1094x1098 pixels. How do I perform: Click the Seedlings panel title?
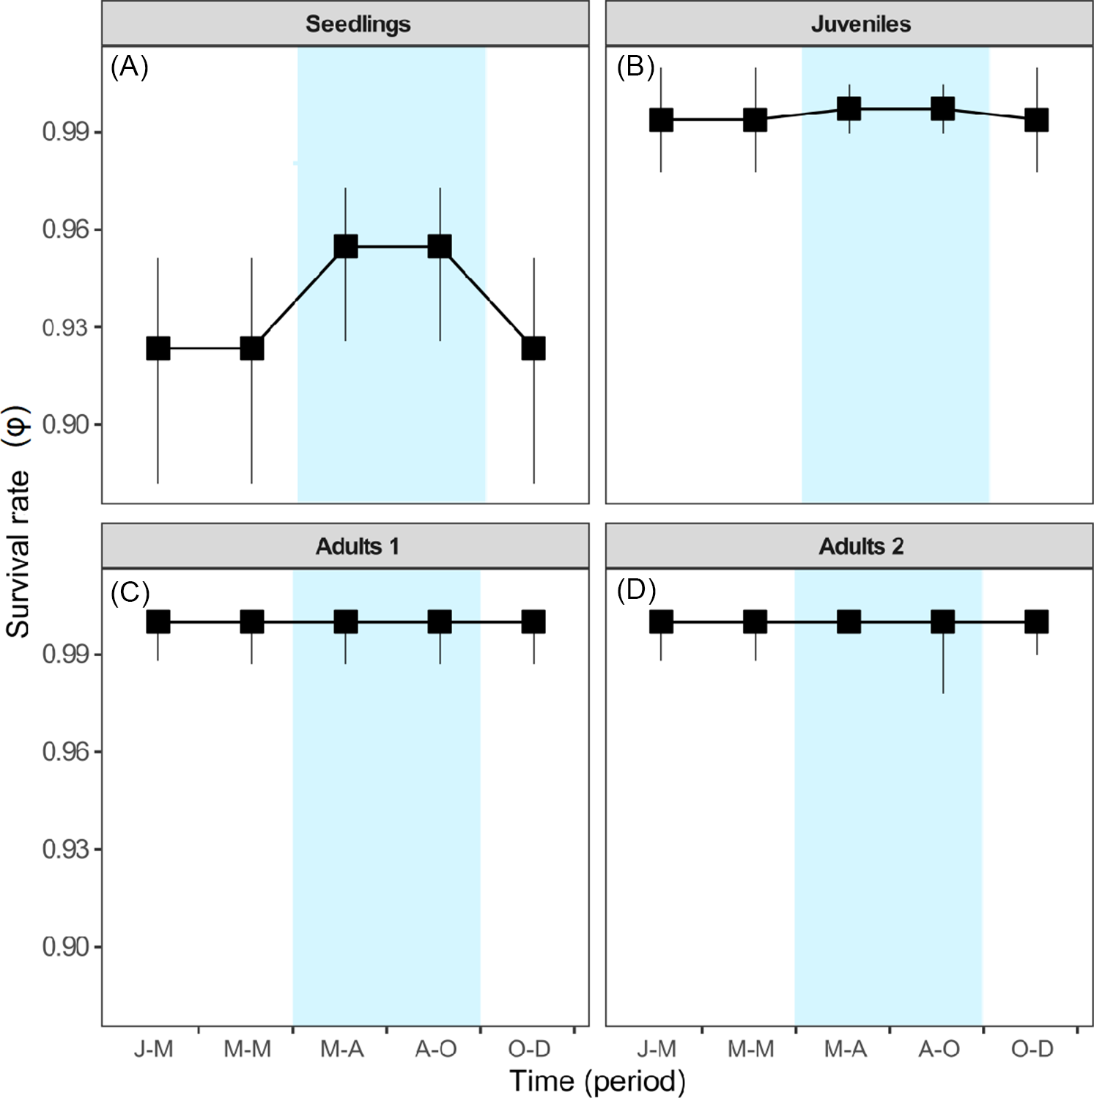point(358,24)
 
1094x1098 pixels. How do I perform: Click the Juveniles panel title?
point(860,24)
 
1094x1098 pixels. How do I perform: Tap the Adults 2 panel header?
point(860,547)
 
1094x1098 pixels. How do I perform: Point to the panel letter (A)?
point(129,67)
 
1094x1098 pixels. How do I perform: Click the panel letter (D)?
point(635,590)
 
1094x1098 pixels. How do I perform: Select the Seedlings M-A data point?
point(346,246)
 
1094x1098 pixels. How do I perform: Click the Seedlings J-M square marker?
point(158,348)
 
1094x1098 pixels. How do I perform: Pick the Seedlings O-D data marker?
point(533,348)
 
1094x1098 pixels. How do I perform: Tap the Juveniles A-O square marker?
point(942,109)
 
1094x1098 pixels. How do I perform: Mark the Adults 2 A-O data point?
point(942,622)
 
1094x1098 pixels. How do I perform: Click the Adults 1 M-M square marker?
point(252,622)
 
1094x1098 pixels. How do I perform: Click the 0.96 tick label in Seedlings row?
point(66,229)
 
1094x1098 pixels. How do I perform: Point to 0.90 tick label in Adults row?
point(66,946)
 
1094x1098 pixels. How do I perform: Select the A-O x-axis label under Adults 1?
point(436,1049)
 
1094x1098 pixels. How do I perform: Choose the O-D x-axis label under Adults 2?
point(1032,1049)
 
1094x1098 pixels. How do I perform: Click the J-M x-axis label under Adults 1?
point(154,1049)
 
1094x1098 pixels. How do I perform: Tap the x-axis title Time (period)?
point(597,1081)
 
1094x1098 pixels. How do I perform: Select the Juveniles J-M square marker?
point(661,120)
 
